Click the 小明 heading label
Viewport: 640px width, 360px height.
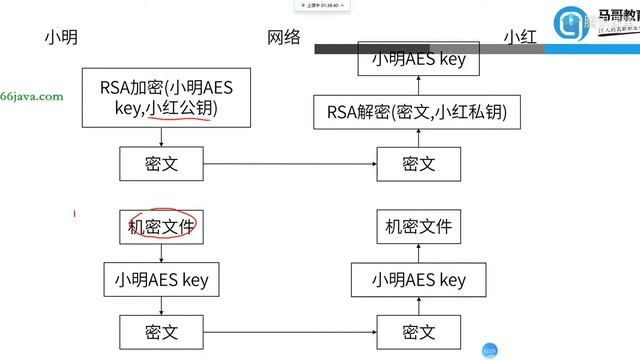(61, 37)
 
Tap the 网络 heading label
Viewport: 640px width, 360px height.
(284, 37)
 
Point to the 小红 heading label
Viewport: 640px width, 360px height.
(520, 37)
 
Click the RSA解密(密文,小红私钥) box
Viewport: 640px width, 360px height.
(417, 113)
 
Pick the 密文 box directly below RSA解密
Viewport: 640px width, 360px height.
(417, 162)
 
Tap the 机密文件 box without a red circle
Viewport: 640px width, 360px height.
(417, 227)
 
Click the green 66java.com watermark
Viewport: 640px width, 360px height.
(32, 97)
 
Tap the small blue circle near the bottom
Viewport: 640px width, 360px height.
(489, 349)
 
